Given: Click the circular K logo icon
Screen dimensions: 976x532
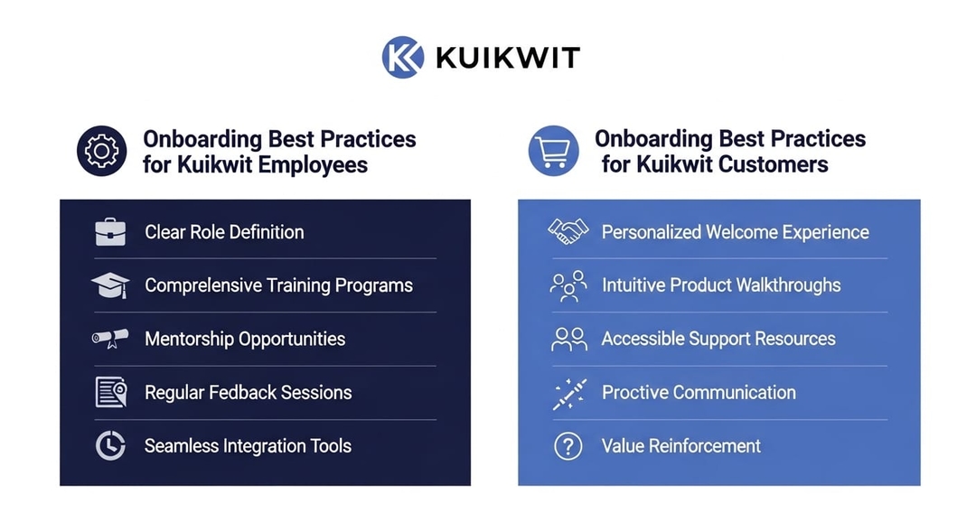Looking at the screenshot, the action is click(403, 57).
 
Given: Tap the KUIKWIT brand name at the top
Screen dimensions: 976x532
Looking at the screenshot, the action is click(508, 58).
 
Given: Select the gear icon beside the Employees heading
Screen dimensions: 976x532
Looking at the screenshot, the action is click(101, 151).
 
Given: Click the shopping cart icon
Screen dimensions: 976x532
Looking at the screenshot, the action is click(553, 151).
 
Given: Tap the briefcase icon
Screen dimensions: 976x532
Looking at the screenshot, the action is click(110, 232).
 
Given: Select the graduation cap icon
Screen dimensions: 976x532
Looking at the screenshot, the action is click(110, 285).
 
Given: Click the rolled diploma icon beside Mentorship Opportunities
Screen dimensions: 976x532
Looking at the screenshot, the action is click(110, 339).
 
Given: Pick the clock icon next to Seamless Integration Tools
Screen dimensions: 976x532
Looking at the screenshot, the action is click(110, 445).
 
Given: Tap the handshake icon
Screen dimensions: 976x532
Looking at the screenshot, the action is click(568, 231).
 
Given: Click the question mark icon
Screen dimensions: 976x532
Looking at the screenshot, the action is click(568, 446).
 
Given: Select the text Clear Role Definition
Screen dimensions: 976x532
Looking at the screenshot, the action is click(224, 232).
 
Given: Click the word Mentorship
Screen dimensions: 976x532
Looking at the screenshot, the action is click(189, 339).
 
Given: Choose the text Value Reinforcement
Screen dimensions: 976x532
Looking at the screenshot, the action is click(681, 446).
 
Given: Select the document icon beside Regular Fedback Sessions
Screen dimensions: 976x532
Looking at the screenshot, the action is click(111, 392).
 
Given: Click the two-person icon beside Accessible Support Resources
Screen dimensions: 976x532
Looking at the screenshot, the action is click(569, 339).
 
